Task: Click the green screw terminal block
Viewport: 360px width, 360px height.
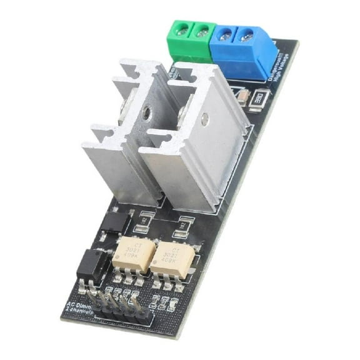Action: click(190, 36)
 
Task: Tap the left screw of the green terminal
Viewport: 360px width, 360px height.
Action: click(182, 28)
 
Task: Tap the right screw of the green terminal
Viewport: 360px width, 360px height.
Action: click(201, 31)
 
